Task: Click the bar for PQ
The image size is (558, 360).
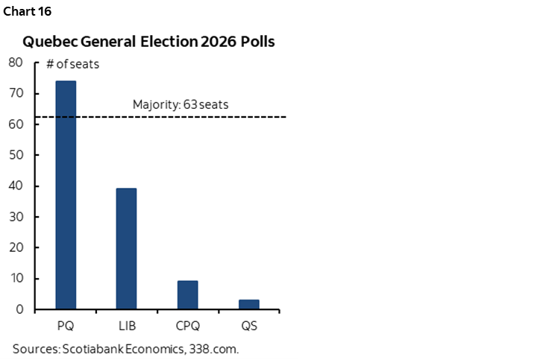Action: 66,195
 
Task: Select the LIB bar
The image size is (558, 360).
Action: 126,248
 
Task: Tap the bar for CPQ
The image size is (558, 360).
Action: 187,294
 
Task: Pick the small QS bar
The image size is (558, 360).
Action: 248,304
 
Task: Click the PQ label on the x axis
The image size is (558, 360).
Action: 66,326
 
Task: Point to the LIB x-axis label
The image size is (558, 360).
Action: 127,326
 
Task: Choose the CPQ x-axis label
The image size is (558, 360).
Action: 188,326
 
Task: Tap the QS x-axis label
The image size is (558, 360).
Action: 248,326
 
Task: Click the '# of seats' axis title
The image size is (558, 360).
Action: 72,64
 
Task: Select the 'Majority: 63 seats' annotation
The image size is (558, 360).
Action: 181,104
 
